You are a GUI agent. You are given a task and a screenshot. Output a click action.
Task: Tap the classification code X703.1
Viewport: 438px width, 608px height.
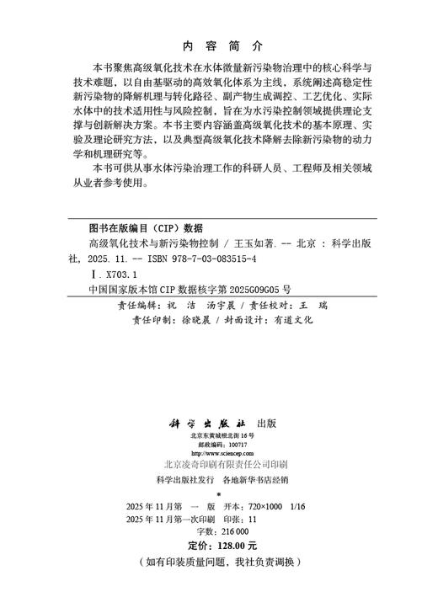coord(121,273)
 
